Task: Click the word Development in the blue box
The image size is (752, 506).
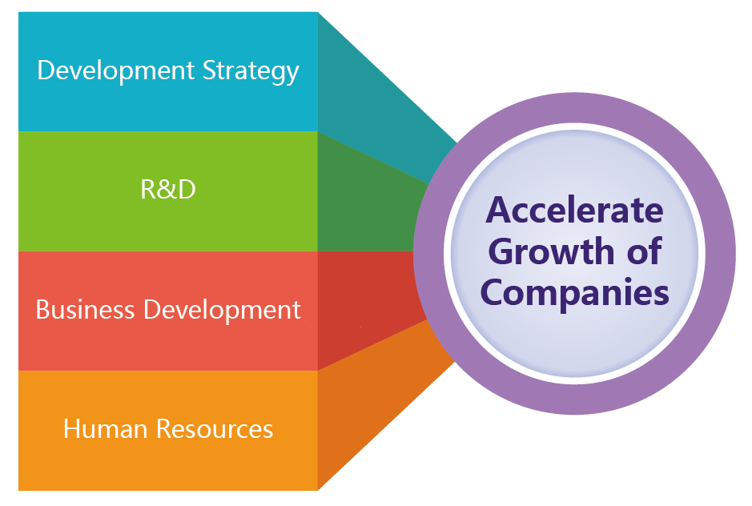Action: pyautogui.click(x=115, y=71)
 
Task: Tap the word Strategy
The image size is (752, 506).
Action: pyautogui.click(x=251, y=71)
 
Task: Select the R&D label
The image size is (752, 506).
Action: pyautogui.click(x=168, y=190)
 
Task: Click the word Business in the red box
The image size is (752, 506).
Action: pyautogui.click(x=85, y=309)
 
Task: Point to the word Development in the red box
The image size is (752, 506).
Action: pyautogui.click(x=222, y=311)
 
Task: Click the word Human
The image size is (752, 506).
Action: pyautogui.click(x=105, y=429)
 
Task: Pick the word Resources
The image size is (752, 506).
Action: pyautogui.click(x=215, y=429)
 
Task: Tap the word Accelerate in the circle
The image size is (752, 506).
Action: pyautogui.click(x=574, y=211)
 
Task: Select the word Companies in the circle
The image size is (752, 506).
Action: pyautogui.click(x=574, y=293)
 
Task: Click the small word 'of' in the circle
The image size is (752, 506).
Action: pyautogui.click(x=644, y=251)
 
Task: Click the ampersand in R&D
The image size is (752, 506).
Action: pyautogui.click(x=168, y=190)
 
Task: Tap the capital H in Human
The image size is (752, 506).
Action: pyautogui.click(x=72, y=429)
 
